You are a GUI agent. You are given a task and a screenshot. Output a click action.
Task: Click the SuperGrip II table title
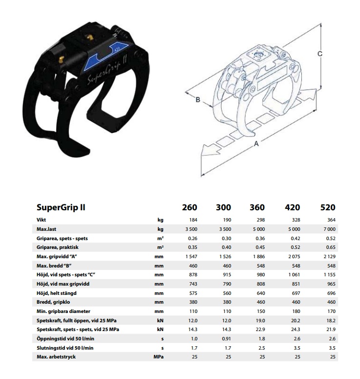(61, 207)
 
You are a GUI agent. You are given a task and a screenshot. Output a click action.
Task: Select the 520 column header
(328, 207)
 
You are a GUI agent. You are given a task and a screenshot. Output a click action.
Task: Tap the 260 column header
(190, 207)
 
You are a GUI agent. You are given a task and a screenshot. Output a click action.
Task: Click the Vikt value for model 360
(261, 220)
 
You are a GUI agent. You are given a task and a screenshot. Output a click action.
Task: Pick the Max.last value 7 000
(329, 229)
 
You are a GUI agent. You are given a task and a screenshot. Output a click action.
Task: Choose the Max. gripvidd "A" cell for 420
(294, 256)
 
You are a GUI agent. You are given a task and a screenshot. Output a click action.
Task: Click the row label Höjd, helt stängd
(57, 293)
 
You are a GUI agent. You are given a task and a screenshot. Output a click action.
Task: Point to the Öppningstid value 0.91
(227, 338)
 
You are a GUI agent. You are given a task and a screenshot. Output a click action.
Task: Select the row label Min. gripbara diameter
(64, 312)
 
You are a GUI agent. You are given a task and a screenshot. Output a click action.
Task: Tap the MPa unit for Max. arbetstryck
(158, 357)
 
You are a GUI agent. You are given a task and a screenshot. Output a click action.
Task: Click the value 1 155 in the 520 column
(329, 274)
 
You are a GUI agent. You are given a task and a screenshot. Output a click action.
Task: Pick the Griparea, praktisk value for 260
(192, 247)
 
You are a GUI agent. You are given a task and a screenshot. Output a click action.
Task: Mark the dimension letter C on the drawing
(319, 54)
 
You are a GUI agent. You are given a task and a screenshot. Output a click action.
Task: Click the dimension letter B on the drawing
(198, 100)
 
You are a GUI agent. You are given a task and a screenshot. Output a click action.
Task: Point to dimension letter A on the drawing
(256, 144)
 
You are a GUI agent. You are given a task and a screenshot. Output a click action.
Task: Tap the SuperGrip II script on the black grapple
(107, 70)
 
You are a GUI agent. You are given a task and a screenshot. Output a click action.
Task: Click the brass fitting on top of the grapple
(90, 37)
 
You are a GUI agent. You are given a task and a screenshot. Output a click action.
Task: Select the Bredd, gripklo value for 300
(227, 302)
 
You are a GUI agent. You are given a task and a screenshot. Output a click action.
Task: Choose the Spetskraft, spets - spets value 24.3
(296, 330)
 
